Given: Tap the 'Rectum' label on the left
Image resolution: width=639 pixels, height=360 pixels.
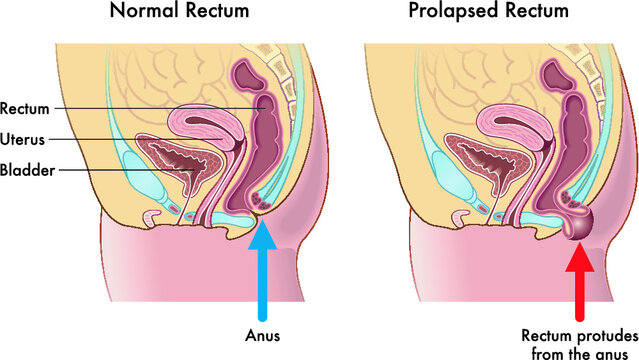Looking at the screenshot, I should (x=25, y=108).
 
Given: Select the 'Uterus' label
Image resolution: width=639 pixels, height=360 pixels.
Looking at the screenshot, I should (x=24, y=138).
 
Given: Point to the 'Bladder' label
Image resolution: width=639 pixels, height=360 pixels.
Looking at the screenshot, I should (x=26, y=170).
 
